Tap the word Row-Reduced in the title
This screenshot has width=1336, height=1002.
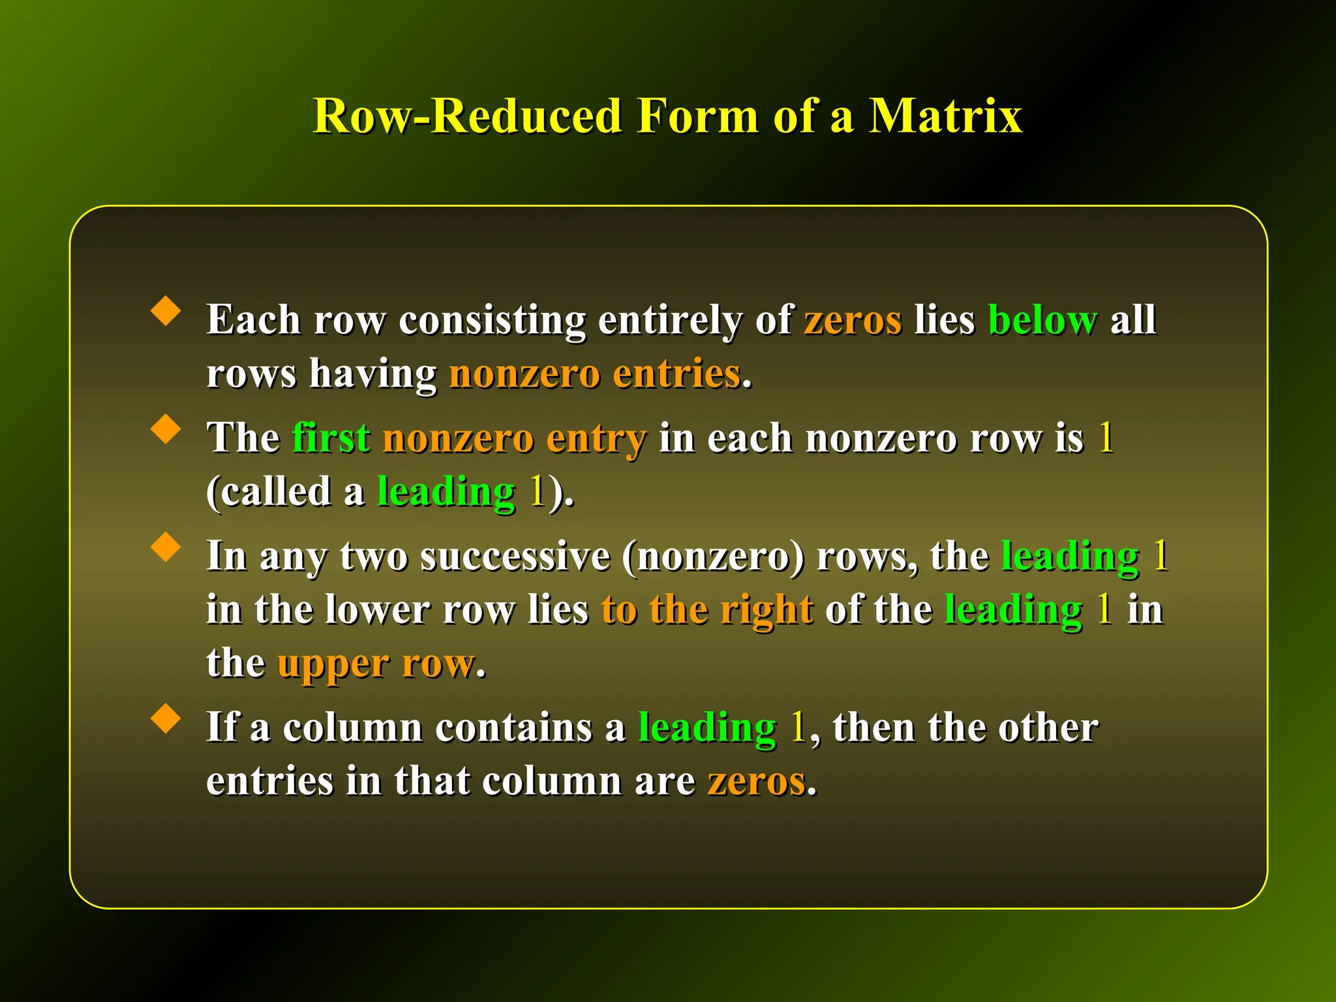point(467,116)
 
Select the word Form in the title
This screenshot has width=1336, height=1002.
point(697,116)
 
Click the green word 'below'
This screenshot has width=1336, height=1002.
point(1042,320)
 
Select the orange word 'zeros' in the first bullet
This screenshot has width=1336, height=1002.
point(853,320)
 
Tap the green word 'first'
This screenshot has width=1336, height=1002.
point(331,438)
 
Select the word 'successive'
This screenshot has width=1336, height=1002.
point(515,556)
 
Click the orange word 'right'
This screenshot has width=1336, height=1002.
point(767,611)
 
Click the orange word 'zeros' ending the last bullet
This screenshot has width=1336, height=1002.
point(757,781)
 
